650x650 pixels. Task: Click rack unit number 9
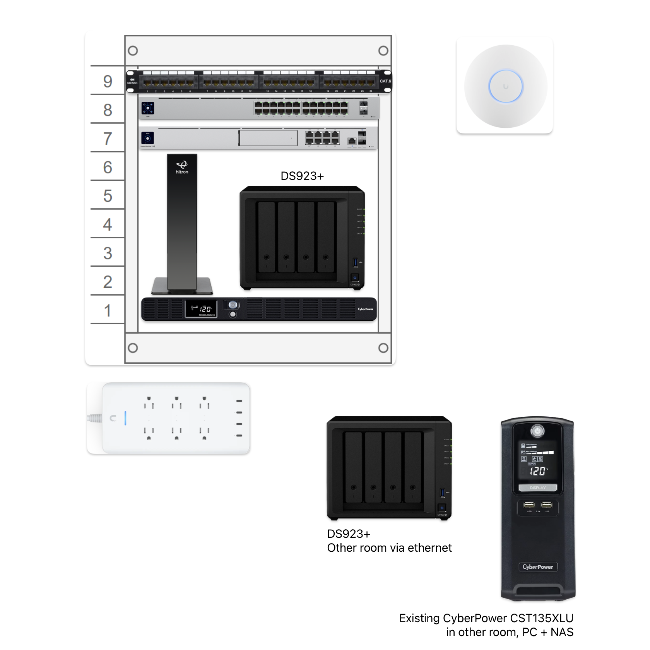click(x=108, y=81)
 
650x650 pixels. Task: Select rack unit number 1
click(x=108, y=310)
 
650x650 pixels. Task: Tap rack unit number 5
click(x=108, y=196)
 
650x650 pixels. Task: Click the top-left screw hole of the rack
click(x=133, y=51)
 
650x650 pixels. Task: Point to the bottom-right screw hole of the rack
click(x=383, y=348)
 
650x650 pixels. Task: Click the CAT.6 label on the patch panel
click(x=385, y=81)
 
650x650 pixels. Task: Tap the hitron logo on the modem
click(x=182, y=167)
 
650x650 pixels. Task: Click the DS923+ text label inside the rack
click(x=302, y=176)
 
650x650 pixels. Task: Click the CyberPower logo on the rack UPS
click(x=365, y=309)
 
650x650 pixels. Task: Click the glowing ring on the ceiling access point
click(x=505, y=86)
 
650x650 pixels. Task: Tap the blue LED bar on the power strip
click(x=125, y=418)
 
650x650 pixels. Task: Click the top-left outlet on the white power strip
click(x=149, y=402)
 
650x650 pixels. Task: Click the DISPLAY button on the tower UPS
click(x=537, y=487)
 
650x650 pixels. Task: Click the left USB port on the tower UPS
click(x=529, y=505)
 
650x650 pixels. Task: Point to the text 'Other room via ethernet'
click(x=389, y=548)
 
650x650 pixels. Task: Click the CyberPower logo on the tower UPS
click(x=537, y=567)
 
